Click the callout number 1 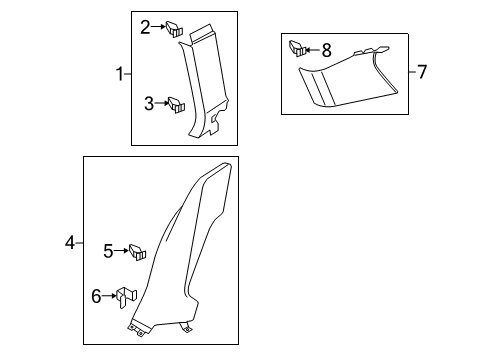pyautogui.click(x=120, y=74)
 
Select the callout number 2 pyautogui.click(x=145, y=27)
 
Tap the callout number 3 pyautogui.click(x=149, y=104)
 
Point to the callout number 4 pyautogui.click(x=70, y=242)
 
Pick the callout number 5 pyautogui.click(x=108, y=251)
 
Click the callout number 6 pyautogui.click(x=96, y=296)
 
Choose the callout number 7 pyautogui.click(x=422, y=72)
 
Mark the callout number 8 pyautogui.click(x=327, y=50)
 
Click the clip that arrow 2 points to pyautogui.click(x=174, y=29)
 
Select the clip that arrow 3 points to pyautogui.click(x=176, y=105)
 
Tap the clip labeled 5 pyautogui.click(x=137, y=252)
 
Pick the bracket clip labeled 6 pyautogui.click(x=126, y=297)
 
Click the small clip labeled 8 pyautogui.click(x=297, y=49)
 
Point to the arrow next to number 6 pyautogui.click(x=109, y=296)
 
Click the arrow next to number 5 pyautogui.click(x=121, y=250)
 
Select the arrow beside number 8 pyautogui.click(x=312, y=50)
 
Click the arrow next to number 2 pyautogui.click(x=158, y=27)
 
